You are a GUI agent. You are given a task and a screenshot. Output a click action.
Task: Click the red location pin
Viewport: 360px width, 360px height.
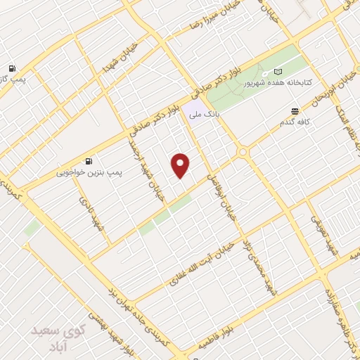pos(181,165)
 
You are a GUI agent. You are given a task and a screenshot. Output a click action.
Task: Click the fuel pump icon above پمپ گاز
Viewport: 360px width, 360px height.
pos(12,68)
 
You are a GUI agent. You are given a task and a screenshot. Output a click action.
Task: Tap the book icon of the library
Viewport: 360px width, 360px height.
pos(278,72)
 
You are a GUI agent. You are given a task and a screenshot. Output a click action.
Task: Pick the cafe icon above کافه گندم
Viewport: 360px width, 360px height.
pos(295,111)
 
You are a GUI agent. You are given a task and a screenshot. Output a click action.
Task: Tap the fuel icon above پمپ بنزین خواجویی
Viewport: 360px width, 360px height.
pos(88,160)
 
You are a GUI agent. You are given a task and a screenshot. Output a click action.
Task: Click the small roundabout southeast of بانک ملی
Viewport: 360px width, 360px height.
pos(243,152)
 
